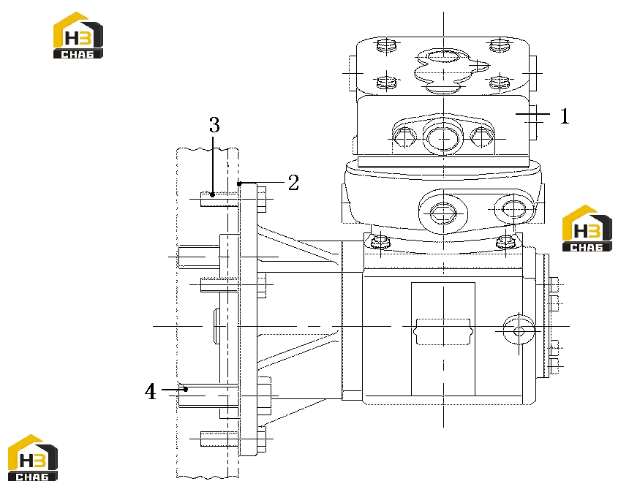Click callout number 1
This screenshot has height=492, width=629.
click(x=565, y=116)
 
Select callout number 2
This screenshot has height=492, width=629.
click(x=293, y=183)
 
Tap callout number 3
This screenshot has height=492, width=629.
click(x=214, y=125)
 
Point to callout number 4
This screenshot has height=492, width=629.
click(x=151, y=391)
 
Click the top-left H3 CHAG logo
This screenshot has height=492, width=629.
click(x=78, y=35)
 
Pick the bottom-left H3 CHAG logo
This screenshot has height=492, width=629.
click(x=33, y=458)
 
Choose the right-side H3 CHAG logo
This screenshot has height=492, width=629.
click(x=587, y=229)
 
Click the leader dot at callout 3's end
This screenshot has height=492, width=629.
click(x=213, y=195)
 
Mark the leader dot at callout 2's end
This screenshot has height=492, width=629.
click(x=239, y=183)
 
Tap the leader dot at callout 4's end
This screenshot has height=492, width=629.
click(x=186, y=389)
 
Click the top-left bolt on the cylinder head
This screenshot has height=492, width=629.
click(x=387, y=45)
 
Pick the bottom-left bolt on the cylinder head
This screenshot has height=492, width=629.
click(x=387, y=83)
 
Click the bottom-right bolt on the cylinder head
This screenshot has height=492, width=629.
click(x=500, y=82)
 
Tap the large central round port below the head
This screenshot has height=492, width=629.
click(x=443, y=138)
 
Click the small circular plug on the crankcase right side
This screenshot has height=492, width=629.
click(x=519, y=331)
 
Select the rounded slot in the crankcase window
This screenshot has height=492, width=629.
click(x=443, y=331)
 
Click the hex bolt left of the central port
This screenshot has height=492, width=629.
click(x=404, y=137)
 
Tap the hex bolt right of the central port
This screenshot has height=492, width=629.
click(x=482, y=137)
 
